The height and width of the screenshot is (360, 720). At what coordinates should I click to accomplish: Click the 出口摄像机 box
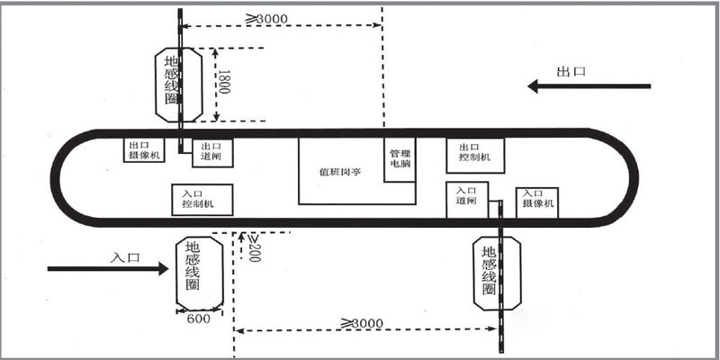pyautogui.click(x=144, y=150)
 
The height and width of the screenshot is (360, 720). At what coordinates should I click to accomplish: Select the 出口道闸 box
pyautogui.click(x=216, y=151)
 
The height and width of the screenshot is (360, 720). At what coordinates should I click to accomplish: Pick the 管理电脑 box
pyautogui.click(x=400, y=159)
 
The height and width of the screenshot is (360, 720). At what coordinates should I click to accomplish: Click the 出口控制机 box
pyautogui.click(x=474, y=153)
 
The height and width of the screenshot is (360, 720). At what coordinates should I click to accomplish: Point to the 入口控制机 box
pyautogui.click(x=202, y=199)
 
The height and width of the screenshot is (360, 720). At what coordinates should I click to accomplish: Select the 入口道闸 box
pyautogui.click(x=466, y=197)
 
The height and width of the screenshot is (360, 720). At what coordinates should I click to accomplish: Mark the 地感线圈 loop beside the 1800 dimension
pyautogui.click(x=171, y=83)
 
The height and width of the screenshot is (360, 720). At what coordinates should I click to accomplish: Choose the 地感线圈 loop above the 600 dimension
pyautogui.click(x=199, y=268)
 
